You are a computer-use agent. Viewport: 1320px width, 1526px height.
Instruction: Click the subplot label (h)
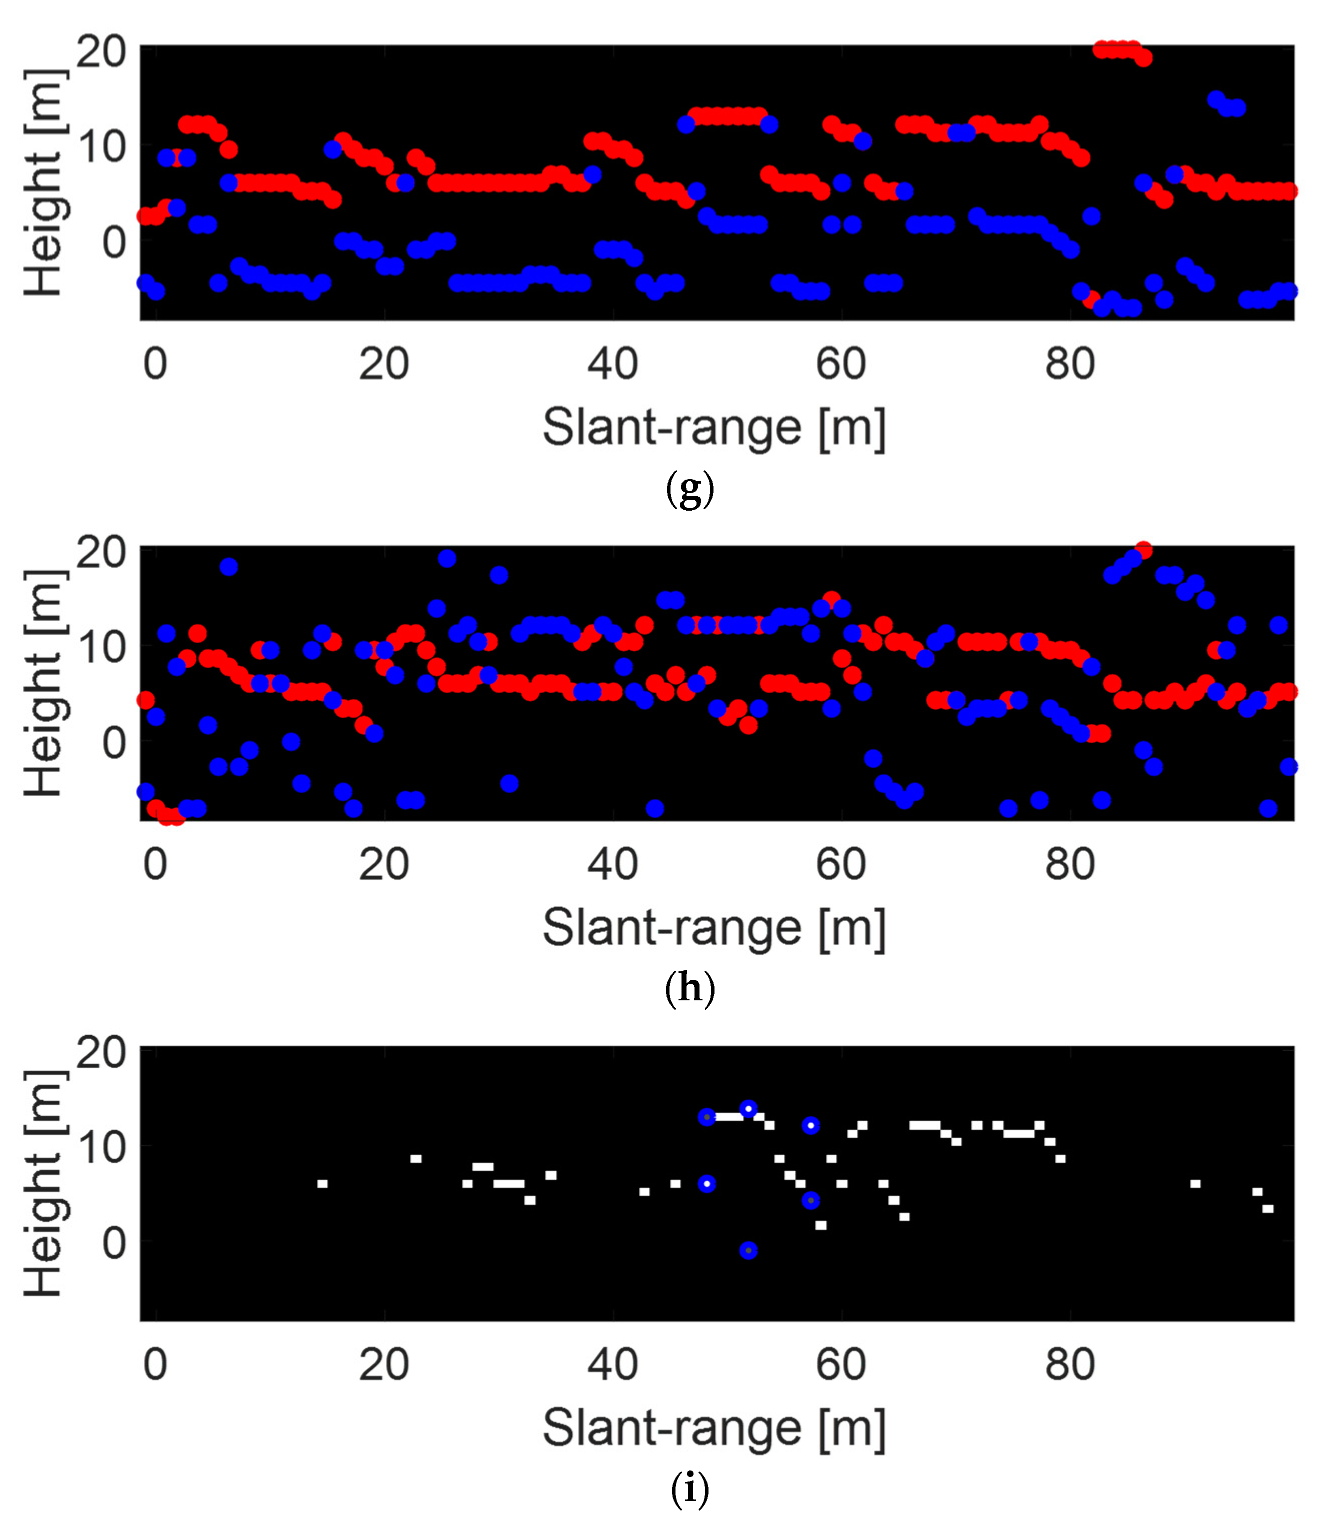point(689,989)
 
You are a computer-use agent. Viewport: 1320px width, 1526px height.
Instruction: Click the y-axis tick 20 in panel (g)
point(101,53)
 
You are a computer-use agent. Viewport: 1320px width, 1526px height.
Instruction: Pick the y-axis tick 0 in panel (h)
point(114,741)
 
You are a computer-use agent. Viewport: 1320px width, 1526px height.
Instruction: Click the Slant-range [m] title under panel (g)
point(713,427)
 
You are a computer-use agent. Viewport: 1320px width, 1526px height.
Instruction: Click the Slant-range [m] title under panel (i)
point(713,1428)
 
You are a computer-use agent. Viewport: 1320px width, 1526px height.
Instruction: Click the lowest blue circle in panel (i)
point(748,1250)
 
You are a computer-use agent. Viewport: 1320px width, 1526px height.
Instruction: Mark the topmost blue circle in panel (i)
point(748,1109)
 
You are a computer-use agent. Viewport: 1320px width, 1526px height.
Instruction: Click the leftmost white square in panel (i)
point(322,1184)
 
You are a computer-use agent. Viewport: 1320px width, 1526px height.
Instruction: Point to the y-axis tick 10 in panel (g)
point(101,147)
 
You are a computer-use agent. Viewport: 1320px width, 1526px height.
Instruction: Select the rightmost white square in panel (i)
point(1267,1208)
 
